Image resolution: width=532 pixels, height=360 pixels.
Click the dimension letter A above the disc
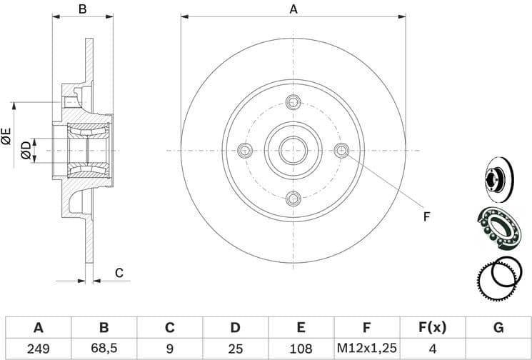coord(293,9)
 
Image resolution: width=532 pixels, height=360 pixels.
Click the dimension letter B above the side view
coord(82,9)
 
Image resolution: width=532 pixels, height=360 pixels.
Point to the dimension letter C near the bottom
coord(119,272)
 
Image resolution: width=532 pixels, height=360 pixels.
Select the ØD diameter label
coord(26,150)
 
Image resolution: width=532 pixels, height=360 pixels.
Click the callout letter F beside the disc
coord(426,216)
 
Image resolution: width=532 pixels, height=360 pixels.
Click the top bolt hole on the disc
coord(293,102)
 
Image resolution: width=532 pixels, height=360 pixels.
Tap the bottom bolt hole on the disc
coord(293,198)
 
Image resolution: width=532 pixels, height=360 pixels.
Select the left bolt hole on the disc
coord(245,150)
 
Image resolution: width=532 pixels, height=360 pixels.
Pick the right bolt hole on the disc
coord(341,150)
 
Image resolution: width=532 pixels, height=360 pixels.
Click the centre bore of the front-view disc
coord(293,150)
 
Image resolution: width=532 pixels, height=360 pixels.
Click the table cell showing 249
coord(39,349)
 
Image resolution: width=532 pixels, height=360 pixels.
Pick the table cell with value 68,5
coord(104,349)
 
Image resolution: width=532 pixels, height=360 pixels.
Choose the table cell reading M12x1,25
coord(366,349)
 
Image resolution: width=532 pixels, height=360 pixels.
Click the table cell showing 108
coord(301,349)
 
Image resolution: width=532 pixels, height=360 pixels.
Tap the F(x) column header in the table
coord(431,328)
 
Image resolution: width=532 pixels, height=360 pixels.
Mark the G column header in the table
coord(498,328)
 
